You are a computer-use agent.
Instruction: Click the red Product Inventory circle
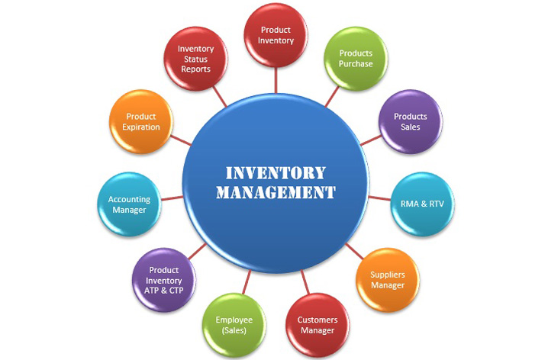click(276, 35)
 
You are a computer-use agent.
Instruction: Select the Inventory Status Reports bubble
click(195, 59)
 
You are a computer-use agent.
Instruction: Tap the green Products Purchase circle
click(356, 59)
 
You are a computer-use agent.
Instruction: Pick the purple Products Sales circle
click(411, 121)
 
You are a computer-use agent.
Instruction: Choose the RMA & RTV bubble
click(422, 204)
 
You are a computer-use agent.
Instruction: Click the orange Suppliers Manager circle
click(388, 280)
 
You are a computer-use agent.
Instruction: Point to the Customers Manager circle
click(318, 325)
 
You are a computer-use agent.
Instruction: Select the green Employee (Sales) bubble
click(234, 325)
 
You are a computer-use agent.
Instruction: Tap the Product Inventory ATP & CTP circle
click(164, 280)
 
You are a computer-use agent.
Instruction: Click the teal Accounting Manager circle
click(129, 204)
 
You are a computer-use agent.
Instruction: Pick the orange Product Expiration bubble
click(141, 121)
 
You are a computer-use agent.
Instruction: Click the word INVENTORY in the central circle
click(276, 173)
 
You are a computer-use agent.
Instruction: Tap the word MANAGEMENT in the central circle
click(276, 192)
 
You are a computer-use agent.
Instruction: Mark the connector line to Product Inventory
click(276, 80)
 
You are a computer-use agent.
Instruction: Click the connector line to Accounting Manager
click(172, 198)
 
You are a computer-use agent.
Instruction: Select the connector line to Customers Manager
click(305, 282)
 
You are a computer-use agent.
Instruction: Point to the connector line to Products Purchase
click(332, 96)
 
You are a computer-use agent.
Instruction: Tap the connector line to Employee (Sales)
click(247, 282)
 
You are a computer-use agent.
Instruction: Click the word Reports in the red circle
click(195, 69)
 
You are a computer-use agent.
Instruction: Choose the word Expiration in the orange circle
click(141, 127)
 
